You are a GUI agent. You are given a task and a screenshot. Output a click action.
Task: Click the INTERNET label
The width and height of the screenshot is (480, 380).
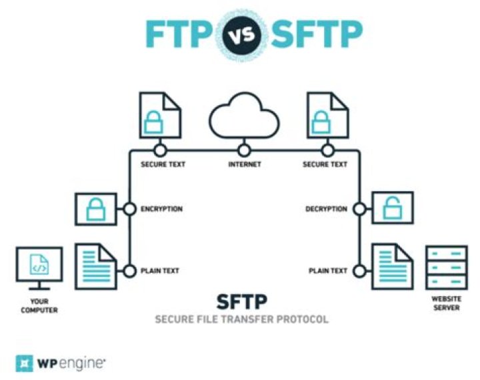[244, 164]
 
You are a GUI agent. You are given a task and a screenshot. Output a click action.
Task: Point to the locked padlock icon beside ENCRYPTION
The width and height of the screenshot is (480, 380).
[97, 209]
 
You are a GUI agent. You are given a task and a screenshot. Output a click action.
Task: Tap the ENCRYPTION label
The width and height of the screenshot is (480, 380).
[161, 209]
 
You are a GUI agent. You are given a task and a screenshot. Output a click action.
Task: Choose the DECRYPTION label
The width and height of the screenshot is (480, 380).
[326, 209]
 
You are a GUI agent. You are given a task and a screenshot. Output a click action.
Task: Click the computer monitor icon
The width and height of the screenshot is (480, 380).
[39, 268]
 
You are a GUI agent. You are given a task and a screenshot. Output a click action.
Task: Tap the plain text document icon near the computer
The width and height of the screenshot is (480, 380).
[97, 267]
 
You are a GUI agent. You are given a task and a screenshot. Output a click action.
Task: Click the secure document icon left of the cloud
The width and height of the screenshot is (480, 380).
[159, 116]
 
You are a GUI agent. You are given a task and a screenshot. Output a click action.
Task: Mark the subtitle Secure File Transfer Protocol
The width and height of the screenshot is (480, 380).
[242, 319]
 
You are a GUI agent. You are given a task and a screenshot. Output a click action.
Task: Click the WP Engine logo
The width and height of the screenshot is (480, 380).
[61, 363]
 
